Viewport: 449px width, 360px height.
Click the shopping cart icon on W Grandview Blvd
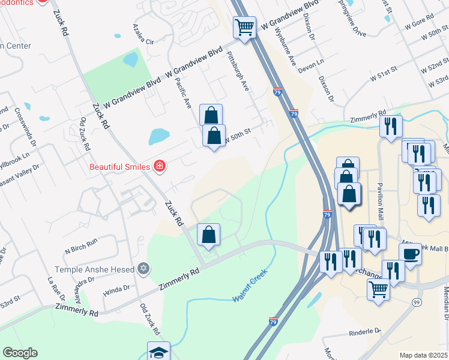click(244, 26)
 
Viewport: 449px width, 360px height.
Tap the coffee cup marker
click(411, 254)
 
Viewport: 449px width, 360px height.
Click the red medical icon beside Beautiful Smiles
click(159, 166)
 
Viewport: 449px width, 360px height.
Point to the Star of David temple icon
click(143, 269)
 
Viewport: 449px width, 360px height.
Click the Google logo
click(20, 353)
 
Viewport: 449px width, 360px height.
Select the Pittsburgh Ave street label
click(238, 70)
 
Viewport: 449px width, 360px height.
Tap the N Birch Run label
click(81, 241)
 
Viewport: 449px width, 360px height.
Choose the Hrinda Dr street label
click(116, 288)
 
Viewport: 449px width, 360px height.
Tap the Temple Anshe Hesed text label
click(96, 269)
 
